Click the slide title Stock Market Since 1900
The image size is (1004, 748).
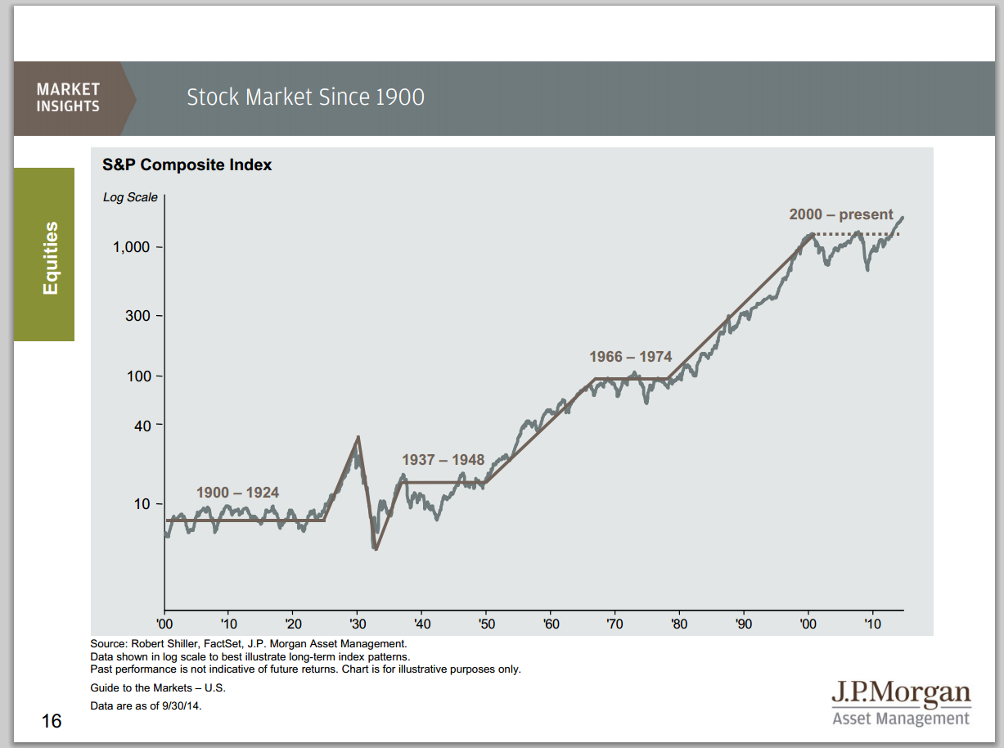click(305, 97)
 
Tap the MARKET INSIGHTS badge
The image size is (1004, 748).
click(68, 97)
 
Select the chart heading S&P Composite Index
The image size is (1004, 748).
click(187, 165)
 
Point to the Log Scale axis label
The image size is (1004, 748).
click(130, 197)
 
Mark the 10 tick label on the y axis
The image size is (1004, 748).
click(142, 504)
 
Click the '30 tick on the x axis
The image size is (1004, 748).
click(357, 624)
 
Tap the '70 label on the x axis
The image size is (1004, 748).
click(614, 624)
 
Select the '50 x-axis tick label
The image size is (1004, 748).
click(485, 624)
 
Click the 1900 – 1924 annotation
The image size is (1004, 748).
click(237, 493)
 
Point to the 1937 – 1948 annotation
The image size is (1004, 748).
click(443, 460)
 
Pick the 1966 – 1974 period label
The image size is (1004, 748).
click(630, 357)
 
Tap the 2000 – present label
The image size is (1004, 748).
click(841, 214)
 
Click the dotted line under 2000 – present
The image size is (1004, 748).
click(856, 235)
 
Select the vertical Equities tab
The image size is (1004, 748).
click(52, 258)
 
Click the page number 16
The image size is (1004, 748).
click(51, 721)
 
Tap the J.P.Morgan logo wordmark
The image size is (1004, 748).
click(900, 694)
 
